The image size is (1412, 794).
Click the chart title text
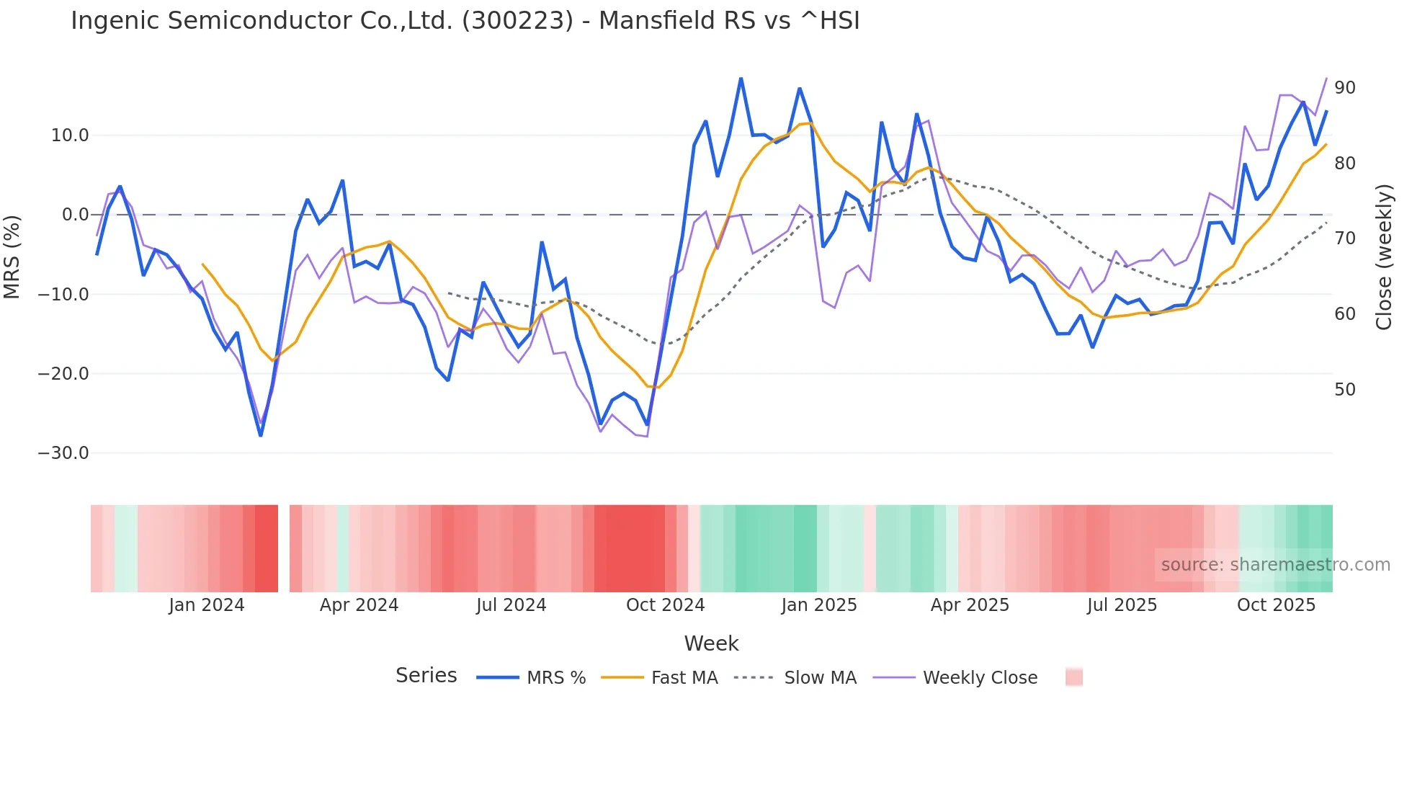tap(465, 21)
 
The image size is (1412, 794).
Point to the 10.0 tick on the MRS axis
tap(70, 135)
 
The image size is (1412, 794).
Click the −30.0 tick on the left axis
tap(63, 453)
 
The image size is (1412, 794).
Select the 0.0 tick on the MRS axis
tap(75, 215)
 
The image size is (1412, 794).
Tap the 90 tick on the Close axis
tap(1345, 88)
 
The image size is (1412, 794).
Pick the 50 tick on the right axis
tap(1345, 390)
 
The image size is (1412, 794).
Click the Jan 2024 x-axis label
tap(207, 605)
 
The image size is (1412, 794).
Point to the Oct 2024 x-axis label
tap(665, 605)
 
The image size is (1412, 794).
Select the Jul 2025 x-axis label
tap(1122, 605)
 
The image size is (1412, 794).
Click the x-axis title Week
tap(711, 643)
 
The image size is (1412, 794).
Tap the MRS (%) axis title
tap(12, 257)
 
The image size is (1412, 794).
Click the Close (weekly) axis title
tap(1384, 257)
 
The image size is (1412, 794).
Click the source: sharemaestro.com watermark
tap(1275, 565)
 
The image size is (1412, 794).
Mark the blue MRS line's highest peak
tap(741, 79)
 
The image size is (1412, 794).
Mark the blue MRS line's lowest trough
tap(261, 435)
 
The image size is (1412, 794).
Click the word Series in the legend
tap(426, 676)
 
